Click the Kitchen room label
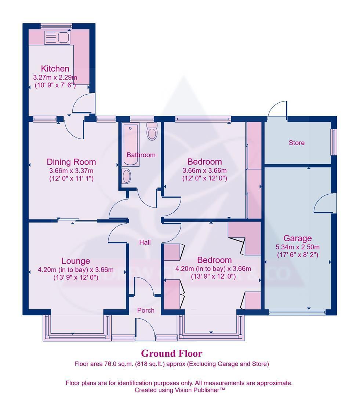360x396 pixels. pos(55,69)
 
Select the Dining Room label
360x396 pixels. pos(71,162)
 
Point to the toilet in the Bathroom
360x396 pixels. pos(152,132)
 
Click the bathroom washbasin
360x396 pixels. pos(126,177)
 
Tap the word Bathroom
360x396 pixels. pos(141,155)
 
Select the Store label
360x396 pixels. pos(296,143)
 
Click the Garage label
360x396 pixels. pos(297,238)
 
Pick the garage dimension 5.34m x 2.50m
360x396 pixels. pos(297,247)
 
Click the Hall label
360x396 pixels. pos(145,242)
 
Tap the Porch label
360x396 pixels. pos(146,310)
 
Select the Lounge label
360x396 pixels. pos(76,261)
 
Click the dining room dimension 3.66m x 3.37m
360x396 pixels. pos(71,170)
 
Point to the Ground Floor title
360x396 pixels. pos(171,353)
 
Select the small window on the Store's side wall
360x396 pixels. pos(334,142)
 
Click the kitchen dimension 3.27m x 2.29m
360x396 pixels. pos(55,77)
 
